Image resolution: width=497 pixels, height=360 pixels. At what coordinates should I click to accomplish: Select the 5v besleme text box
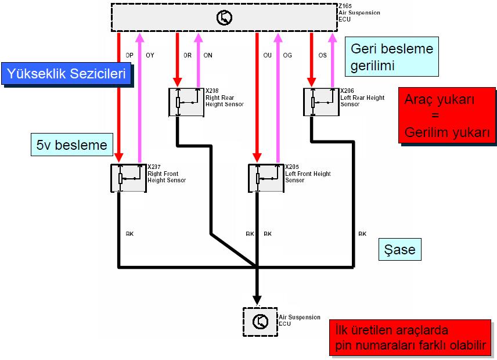[72, 145]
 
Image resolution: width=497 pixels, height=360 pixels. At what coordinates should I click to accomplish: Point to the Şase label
[399, 250]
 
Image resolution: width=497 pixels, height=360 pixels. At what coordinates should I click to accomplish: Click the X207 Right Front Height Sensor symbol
[128, 178]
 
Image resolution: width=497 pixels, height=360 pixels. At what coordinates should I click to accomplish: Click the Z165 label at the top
[345, 6]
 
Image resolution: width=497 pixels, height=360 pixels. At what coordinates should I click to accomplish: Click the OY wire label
[150, 55]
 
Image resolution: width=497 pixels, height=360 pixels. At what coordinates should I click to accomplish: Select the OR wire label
[188, 55]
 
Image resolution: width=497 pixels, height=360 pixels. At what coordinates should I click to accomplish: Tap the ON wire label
[208, 55]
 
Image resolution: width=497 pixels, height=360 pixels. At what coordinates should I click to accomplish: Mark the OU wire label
[267, 55]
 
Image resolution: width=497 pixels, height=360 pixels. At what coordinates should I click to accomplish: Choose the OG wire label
[287, 55]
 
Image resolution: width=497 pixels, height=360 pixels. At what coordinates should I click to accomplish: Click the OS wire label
[322, 55]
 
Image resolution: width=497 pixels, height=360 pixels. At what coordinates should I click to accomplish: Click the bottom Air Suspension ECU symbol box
[260, 321]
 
